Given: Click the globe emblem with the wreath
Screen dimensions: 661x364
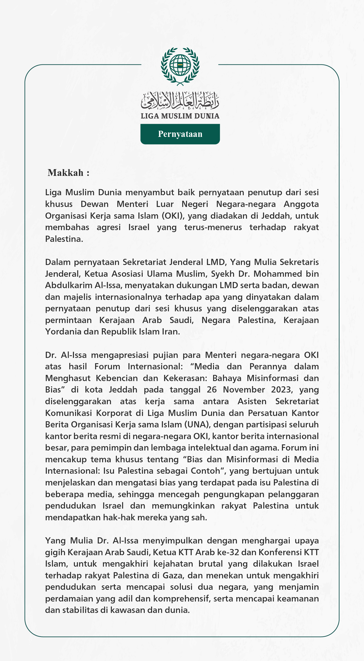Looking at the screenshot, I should point(180,66).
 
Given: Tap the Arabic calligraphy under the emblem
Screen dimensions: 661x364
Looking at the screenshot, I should point(180,100).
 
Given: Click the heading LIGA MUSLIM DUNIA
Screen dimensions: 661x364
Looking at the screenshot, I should point(180,116).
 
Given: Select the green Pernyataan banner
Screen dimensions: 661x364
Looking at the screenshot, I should point(180,134).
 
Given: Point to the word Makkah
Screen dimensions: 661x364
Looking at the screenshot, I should point(65,173).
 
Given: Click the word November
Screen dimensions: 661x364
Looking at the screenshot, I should point(244,390).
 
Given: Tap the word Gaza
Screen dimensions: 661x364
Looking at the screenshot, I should point(173,575).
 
